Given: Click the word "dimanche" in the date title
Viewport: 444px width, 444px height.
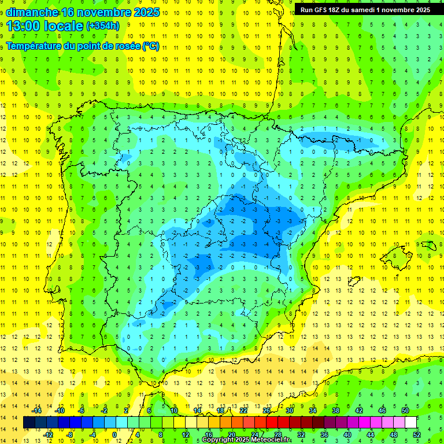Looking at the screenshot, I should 32,12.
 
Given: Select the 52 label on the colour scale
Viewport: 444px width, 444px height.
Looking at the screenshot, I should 416,435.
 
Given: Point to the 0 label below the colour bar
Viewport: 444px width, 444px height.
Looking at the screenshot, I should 114,435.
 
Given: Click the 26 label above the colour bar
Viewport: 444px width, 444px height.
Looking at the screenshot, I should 267,410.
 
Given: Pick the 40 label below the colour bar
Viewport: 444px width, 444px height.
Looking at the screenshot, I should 347,435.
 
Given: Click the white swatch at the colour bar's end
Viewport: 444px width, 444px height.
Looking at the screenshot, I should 410,423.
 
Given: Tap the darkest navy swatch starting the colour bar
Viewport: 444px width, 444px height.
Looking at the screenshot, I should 29,423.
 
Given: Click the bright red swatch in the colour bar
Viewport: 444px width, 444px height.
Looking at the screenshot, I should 272,423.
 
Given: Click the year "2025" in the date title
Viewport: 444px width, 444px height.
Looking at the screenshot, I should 146,12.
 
